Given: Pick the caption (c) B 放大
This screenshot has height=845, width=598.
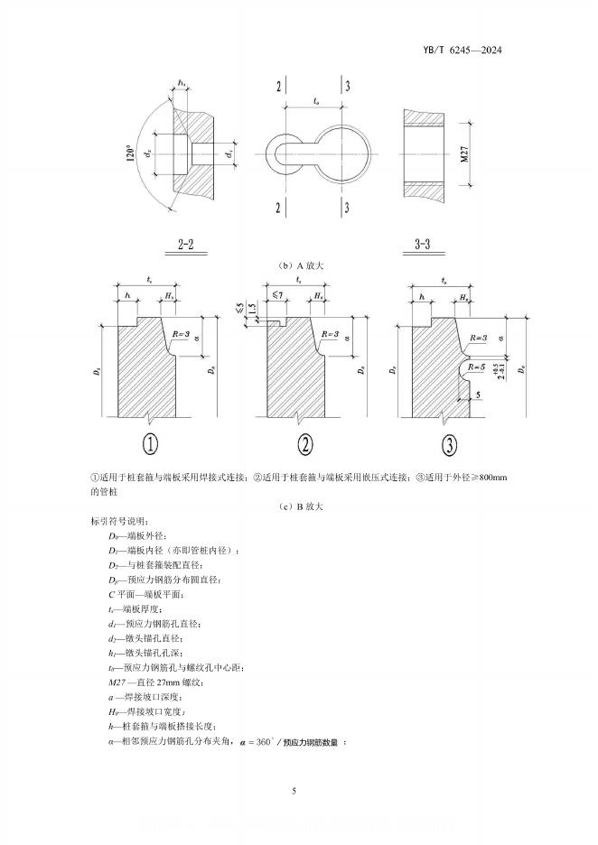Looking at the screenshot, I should (x=298, y=507).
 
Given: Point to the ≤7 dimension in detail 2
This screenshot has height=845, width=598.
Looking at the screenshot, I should (x=276, y=295).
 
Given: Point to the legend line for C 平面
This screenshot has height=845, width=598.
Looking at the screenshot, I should (x=149, y=594).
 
